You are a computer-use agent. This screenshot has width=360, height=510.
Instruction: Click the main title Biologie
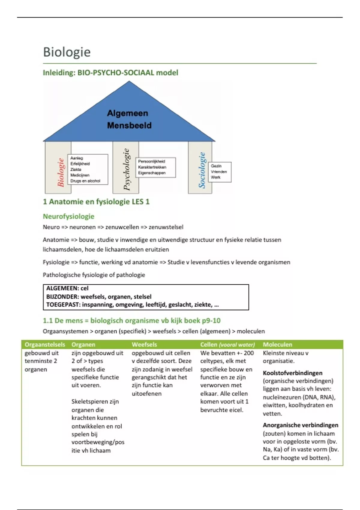click(67, 52)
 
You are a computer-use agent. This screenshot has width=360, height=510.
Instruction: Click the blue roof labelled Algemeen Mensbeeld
click(129, 119)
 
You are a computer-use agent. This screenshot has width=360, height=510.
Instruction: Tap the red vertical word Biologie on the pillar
click(61, 172)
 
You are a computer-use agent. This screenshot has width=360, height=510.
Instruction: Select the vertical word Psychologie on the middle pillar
click(127, 169)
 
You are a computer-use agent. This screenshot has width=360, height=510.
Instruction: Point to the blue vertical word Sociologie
click(202, 170)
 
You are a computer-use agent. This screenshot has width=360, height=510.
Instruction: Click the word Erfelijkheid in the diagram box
click(80, 164)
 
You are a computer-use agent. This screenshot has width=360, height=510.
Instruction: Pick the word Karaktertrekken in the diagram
click(152, 167)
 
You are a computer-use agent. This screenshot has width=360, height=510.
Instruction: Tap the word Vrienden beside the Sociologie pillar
click(219, 172)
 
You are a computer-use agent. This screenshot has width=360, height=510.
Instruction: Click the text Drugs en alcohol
click(85, 181)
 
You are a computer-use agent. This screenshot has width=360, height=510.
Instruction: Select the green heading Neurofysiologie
click(68, 216)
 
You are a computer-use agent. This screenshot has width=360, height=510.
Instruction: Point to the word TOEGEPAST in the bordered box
click(63, 305)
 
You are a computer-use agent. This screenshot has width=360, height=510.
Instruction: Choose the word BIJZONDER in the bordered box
click(62, 297)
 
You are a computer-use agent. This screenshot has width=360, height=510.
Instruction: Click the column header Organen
click(83, 345)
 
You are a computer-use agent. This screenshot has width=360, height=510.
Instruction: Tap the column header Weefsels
click(144, 345)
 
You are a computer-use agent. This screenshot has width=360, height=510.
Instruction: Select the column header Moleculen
click(277, 345)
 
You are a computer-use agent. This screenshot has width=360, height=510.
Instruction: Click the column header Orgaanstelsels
click(45, 345)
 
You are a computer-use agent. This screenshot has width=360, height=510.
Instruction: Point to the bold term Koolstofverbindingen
click(292, 373)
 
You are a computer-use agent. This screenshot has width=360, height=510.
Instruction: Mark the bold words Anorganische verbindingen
click(300, 425)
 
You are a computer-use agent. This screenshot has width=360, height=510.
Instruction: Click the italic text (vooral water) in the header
click(237, 345)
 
